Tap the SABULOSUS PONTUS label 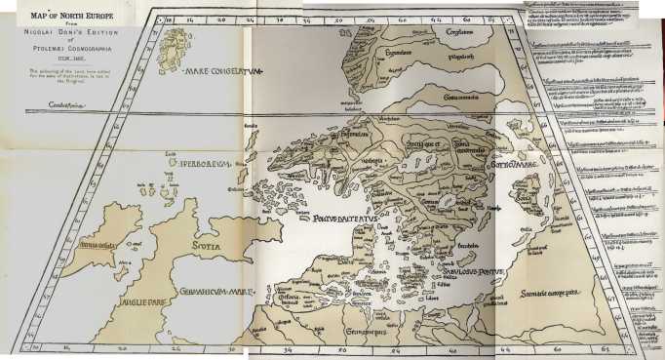click(472, 275)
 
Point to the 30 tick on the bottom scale click(232, 347)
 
